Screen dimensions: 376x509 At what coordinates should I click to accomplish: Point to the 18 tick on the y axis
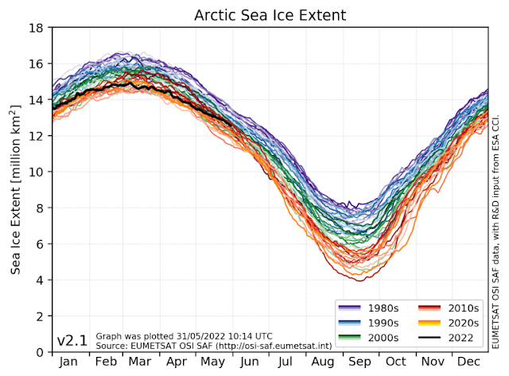[x=38, y=28]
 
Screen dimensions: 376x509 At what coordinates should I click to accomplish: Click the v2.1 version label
[x=72, y=341]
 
